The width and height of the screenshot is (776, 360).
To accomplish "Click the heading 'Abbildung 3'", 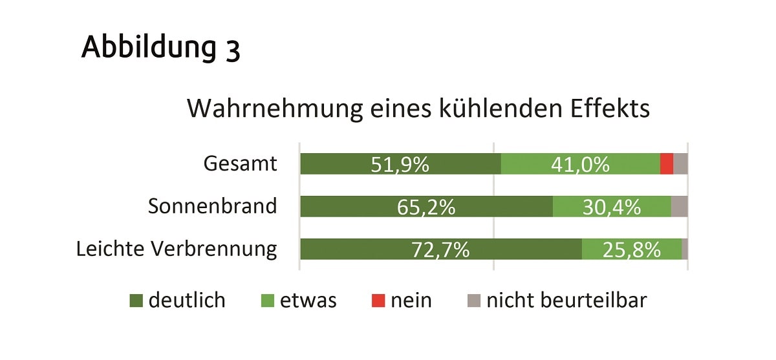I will click(160, 48).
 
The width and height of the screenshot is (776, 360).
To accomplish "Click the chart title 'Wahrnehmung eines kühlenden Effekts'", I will click(418, 108).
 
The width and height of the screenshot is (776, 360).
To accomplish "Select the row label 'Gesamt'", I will click(240, 164).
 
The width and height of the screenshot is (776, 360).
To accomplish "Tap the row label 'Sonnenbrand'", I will click(212, 206).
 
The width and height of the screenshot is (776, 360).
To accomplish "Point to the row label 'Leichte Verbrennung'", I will click(177, 249).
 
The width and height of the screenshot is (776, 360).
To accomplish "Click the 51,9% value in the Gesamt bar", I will click(400, 165).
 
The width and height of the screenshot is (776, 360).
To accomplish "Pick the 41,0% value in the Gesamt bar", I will click(580, 165).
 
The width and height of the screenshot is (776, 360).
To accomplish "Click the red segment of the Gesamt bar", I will click(667, 164).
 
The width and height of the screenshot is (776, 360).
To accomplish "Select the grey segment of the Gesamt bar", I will click(680, 164).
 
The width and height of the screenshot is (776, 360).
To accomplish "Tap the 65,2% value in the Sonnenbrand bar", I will click(426, 207).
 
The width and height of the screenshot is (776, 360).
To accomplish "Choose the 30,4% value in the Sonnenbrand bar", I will click(611, 207).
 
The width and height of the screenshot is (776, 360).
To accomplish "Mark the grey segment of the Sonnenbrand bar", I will click(679, 206).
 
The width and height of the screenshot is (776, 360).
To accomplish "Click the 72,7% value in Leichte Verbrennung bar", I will click(440, 249).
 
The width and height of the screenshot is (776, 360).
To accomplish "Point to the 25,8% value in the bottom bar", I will click(631, 249).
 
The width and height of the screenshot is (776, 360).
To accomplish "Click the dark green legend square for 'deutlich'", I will click(136, 301).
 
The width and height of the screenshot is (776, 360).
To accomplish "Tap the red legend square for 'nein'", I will click(378, 301).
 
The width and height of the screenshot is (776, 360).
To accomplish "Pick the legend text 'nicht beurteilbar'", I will click(566, 301).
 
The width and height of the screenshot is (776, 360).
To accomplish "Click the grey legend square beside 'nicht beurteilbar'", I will click(474, 301).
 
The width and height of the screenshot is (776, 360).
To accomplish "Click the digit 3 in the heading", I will click(233, 50).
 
